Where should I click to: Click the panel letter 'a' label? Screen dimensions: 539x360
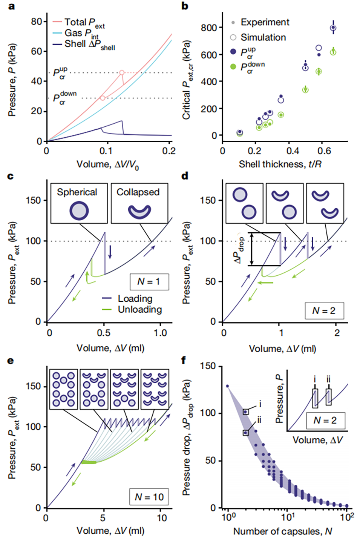coord(12,6)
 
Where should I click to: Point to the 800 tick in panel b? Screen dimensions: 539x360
coord(209,28)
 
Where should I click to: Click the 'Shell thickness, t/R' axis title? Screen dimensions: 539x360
coord(280,164)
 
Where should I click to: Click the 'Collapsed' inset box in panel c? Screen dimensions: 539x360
coord(139,203)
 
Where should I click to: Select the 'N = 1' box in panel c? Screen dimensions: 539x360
coord(148,281)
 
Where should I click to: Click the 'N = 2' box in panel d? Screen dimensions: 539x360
coord(324,310)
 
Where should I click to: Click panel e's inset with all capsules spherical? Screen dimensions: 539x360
coord(63,389)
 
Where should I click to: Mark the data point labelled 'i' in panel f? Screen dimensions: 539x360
coord(246,412)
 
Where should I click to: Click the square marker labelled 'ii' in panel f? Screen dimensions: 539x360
coord(246,433)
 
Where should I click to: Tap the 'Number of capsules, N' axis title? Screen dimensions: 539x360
coord(282,531)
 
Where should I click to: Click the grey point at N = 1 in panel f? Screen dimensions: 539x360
coord(227,386)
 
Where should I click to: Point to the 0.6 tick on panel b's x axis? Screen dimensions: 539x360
coord(324,151)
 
